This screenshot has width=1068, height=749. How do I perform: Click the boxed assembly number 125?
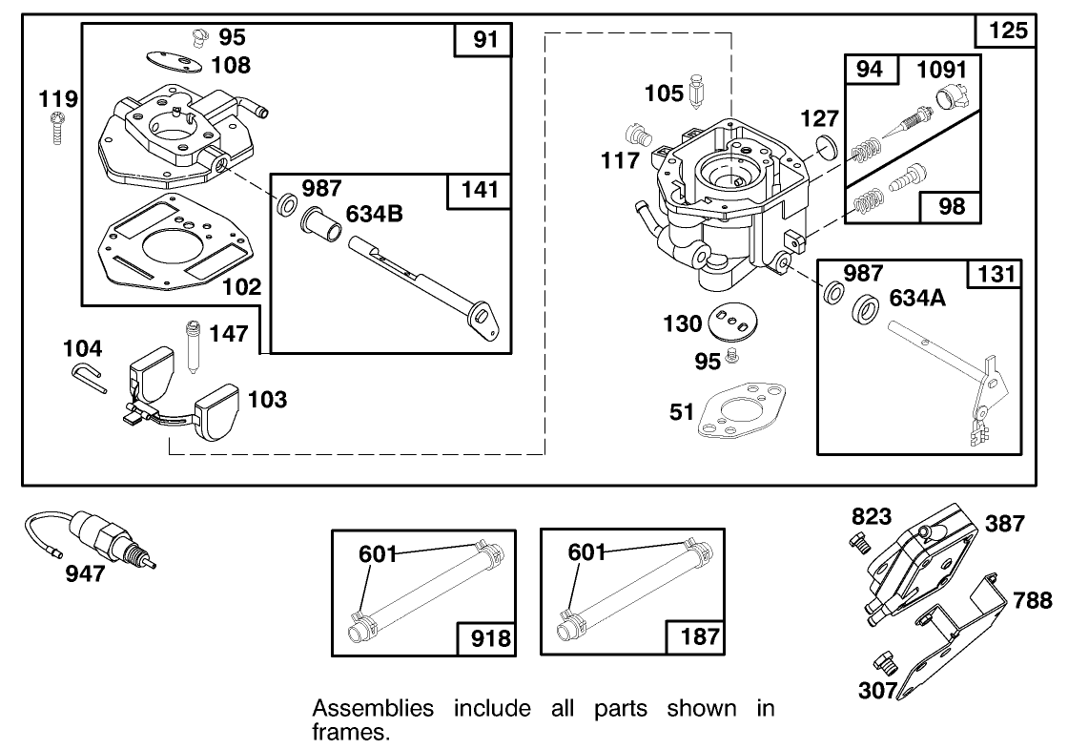[x=1006, y=31]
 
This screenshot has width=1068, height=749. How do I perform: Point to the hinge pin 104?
[x=90, y=377]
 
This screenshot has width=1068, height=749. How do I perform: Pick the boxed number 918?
[x=490, y=636]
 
